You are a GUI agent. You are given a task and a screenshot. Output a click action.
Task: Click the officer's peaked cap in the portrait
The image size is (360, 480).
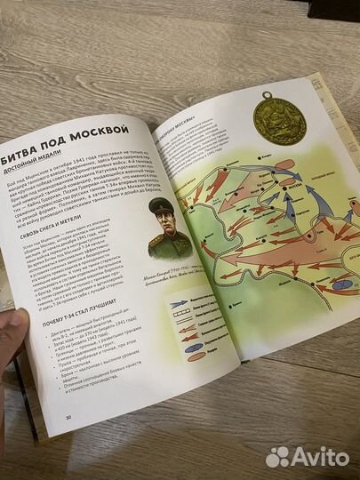pos(160,207)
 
